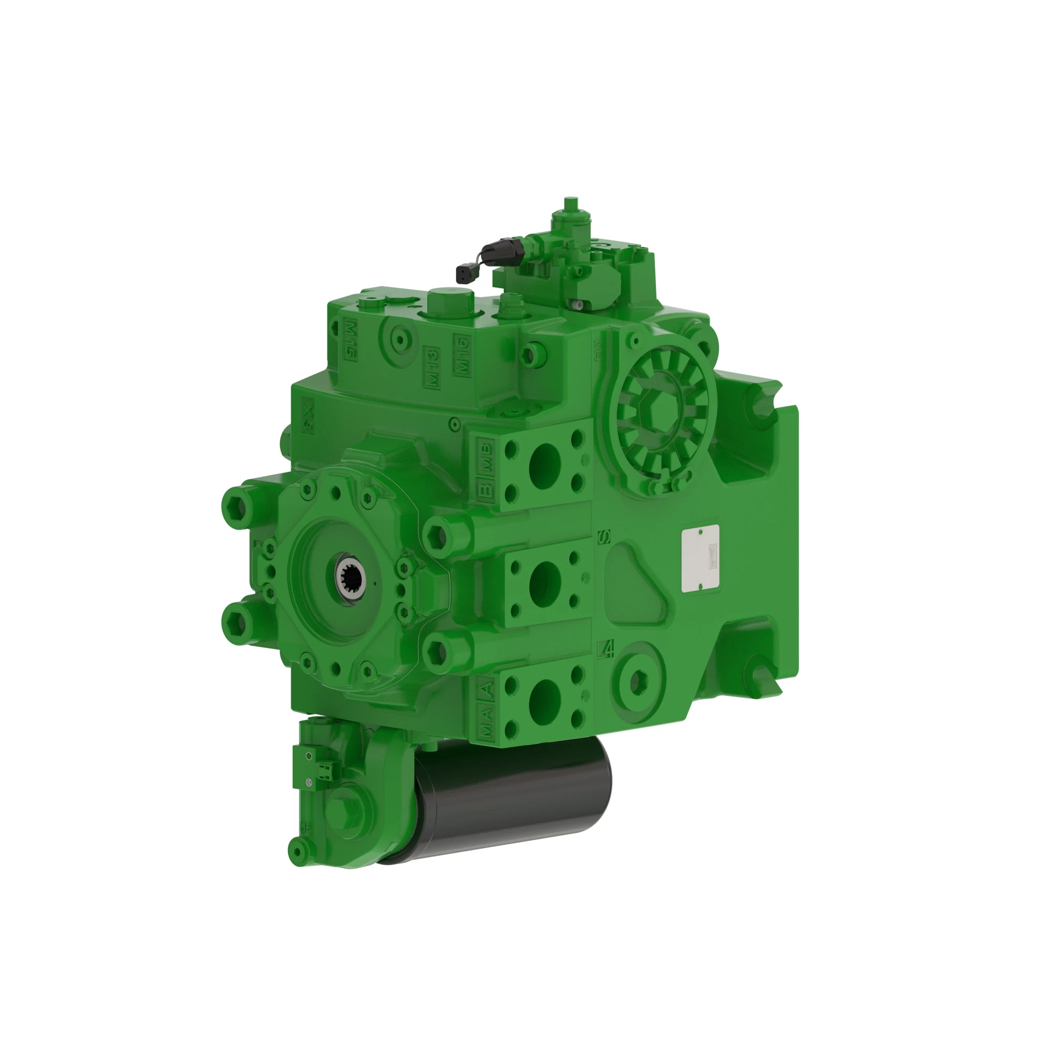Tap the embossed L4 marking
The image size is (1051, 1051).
pos(605,650)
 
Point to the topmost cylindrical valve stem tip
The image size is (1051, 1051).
pos(570,203)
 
